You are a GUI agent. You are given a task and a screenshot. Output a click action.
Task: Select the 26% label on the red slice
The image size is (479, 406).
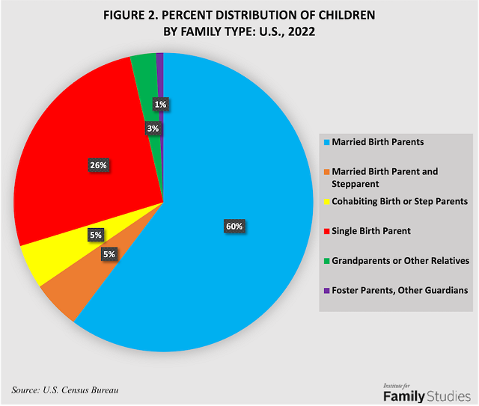[x=99, y=164]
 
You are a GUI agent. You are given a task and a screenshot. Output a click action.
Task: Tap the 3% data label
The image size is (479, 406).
[x=152, y=129]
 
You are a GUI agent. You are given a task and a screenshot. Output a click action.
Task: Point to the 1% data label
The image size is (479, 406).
[x=160, y=105]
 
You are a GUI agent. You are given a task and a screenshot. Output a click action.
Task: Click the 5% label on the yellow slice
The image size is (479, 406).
[x=96, y=236]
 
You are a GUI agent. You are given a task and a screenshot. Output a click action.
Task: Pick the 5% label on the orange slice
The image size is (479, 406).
[x=109, y=254]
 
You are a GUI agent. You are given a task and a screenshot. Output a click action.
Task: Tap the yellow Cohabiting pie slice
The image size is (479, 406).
[x=52, y=258]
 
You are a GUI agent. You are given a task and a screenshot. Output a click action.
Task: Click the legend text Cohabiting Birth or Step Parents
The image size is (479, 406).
[x=400, y=201]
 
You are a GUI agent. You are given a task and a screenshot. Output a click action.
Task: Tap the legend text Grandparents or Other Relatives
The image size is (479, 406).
[x=400, y=261]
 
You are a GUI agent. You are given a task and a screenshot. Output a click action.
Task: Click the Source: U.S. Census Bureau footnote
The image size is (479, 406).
[x=65, y=390]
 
